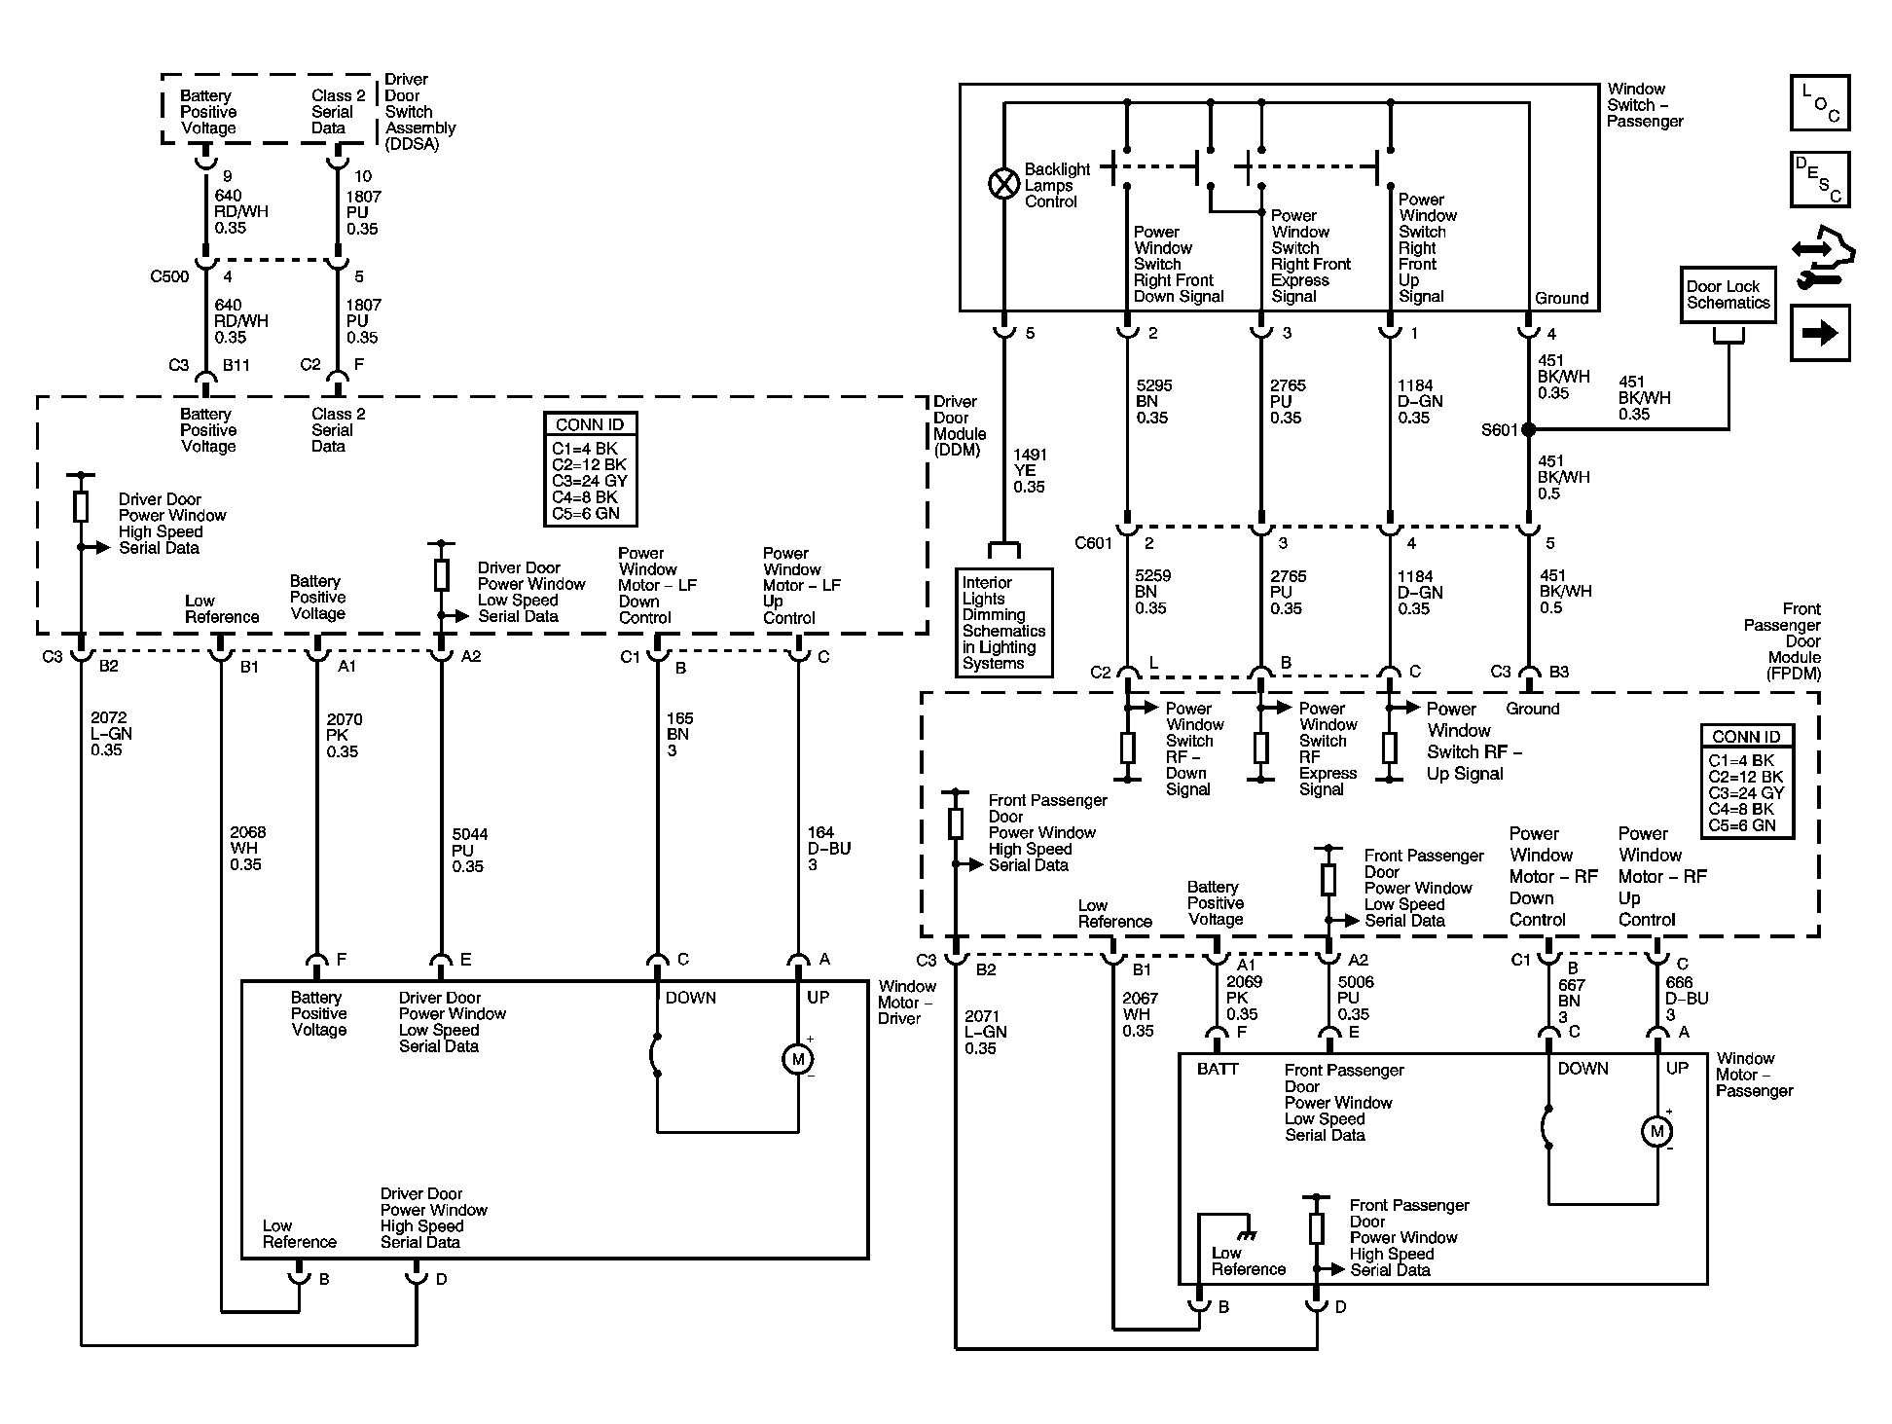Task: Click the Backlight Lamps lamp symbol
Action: [x=1003, y=184]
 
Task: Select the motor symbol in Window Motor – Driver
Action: [x=798, y=1059]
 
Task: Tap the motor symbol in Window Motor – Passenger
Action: [x=1656, y=1131]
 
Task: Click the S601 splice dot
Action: [x=1528, y=429]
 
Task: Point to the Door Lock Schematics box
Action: [x=1728, y=295]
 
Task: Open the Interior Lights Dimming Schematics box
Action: [x=1003, y=623]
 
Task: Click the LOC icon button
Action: [x=1820, y=102]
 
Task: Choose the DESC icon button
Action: [x=1820, y=179]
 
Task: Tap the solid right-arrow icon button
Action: [x=1820, y=333]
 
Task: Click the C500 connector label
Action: [x=169, y=276]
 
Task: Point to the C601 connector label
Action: [x=1093, y=543]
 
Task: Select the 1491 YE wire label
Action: [x=1031, y=470]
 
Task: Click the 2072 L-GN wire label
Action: [x=111, y=734]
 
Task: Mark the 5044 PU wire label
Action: [x=470, y=850]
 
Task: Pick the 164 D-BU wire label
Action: [x=829, y=848]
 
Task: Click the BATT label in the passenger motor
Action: [x=1218, y=1069]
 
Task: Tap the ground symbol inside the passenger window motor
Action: [x=1247, y=1234]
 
